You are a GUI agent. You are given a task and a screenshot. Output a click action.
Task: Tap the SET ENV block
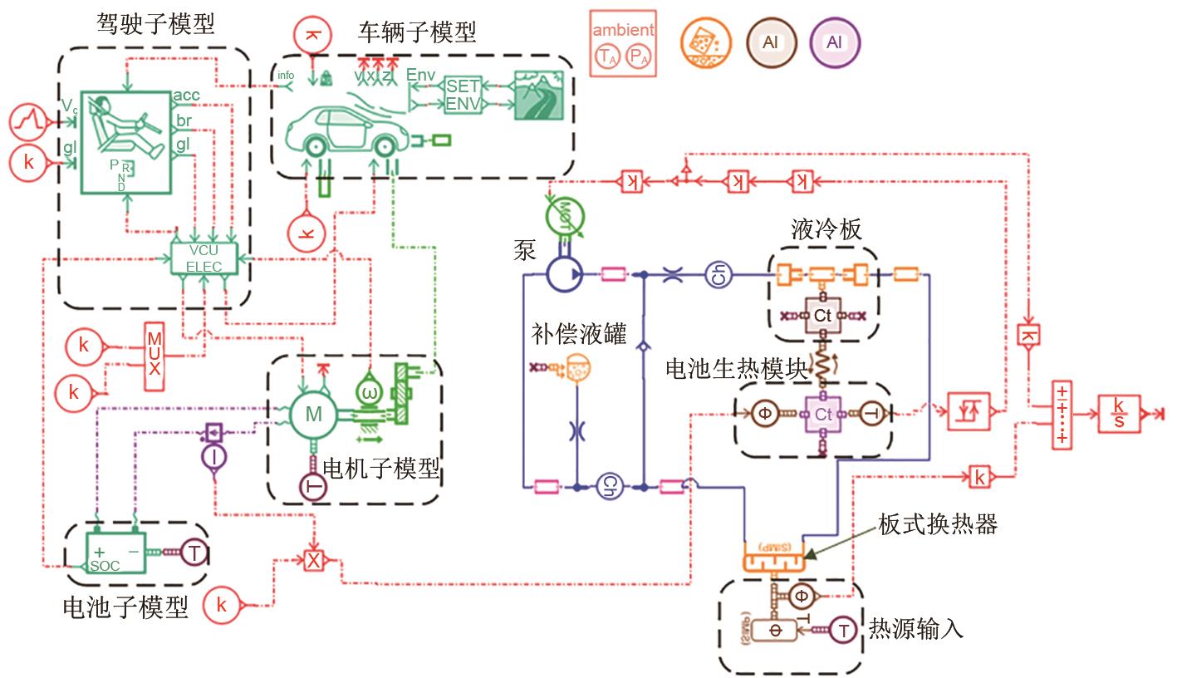click(463, 96)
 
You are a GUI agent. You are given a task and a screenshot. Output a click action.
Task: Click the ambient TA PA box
click(623, 43)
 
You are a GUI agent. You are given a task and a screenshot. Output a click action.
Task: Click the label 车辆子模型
click(418, 33)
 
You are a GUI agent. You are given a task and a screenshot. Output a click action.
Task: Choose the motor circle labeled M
click(313, 413)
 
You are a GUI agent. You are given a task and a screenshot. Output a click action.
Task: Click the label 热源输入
click(916, 628)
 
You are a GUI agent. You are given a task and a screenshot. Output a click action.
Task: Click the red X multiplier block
click(313, 561)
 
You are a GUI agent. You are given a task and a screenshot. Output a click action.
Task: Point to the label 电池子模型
click(126, 607)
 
